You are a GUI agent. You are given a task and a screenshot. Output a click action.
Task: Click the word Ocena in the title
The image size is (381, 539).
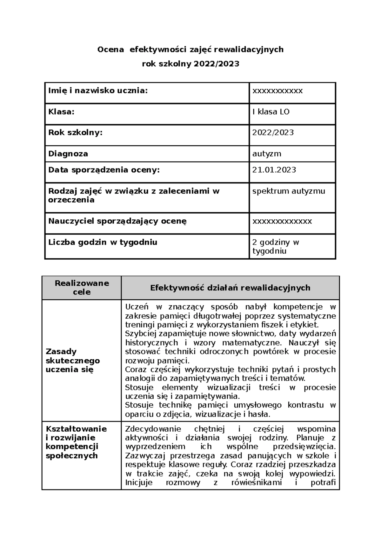click(x=110, y=50)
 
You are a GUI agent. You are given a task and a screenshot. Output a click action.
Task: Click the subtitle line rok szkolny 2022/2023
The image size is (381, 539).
click(x=190, y=64)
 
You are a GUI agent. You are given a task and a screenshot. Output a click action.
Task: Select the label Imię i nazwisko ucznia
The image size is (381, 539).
click(x=98, y=91)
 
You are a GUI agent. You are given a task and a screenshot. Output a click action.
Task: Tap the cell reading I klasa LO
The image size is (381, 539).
click(x=271, y=112)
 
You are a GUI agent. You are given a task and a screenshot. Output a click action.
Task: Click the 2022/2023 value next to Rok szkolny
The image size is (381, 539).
click(x=273, y=132)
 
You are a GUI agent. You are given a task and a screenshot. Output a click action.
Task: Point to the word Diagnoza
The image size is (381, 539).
click(x=68, y=154)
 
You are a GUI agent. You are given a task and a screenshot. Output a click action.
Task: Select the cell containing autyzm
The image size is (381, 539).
click(x=267, y=154)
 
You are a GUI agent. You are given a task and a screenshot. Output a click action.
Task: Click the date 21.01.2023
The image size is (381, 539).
click(x=274, y=170)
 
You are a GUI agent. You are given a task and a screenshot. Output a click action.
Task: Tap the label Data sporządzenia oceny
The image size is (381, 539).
click(x=104, y=170)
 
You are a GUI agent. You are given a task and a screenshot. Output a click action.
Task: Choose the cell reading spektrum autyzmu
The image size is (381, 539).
click(x=289, y=191)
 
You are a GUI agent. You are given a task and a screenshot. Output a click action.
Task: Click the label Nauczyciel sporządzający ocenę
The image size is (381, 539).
click(x=117, y=221)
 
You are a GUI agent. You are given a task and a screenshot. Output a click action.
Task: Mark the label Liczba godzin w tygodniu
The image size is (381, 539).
click(x=103, y=242)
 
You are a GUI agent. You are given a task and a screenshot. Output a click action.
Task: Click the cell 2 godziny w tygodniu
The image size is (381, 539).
click(x=275, y=247)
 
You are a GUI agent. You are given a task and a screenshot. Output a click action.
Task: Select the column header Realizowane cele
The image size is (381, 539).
click(x=82, y=287)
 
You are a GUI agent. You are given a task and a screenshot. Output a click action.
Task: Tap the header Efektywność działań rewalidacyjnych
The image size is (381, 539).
click(x=230, y=288)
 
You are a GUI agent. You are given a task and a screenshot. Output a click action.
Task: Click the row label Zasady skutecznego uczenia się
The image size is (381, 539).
click(x=73, y=360)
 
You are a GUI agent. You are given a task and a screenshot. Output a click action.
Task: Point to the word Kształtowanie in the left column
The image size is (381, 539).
click(x=76, y=429)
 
